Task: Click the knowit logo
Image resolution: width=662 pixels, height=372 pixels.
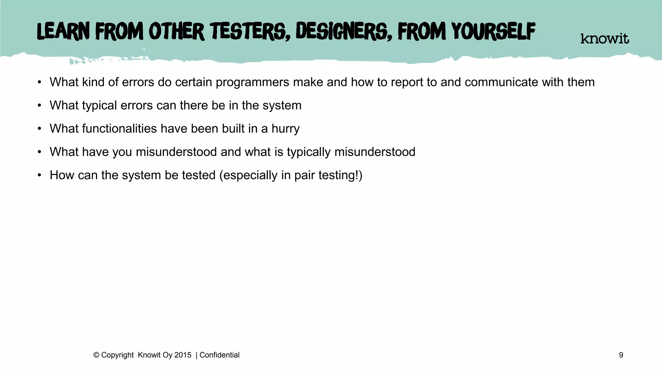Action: click(604, 39)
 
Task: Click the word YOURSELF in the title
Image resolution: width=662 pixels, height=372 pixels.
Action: click(493, 31)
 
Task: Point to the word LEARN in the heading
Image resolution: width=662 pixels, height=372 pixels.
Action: click(63, 32)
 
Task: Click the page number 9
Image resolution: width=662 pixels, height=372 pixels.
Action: click(621, 355)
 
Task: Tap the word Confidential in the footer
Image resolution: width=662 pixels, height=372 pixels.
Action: click(219, 355)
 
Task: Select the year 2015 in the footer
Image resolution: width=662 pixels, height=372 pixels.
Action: click(183, 355)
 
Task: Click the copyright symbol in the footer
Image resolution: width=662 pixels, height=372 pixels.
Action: click(96, 355)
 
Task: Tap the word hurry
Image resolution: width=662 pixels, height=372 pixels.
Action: click(285, 129)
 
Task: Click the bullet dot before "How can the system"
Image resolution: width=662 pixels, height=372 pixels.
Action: click(39, 175)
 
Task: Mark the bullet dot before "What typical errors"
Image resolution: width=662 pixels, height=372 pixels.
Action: click(39, 106)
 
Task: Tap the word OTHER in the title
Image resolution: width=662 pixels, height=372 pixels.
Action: click(176, 32)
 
